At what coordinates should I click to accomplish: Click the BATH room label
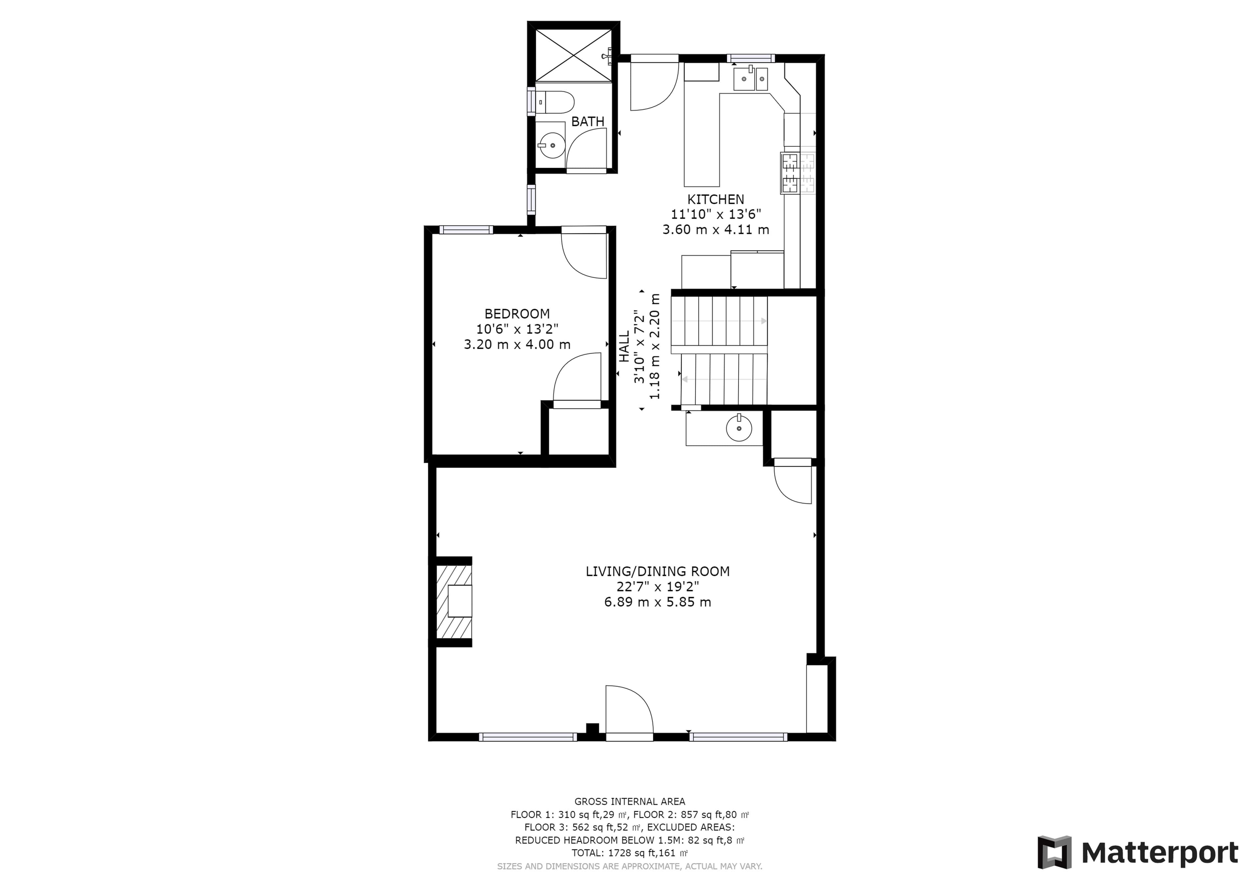(588, 121)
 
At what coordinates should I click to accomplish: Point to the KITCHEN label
(716, 199)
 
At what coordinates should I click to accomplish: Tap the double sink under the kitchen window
(751, 78)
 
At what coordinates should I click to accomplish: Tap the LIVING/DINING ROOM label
(658, 571)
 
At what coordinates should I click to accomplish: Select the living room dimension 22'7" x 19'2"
(658, 586)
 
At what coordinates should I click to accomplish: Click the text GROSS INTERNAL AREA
(629, 801)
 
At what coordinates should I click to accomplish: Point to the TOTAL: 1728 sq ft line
(629, 853)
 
